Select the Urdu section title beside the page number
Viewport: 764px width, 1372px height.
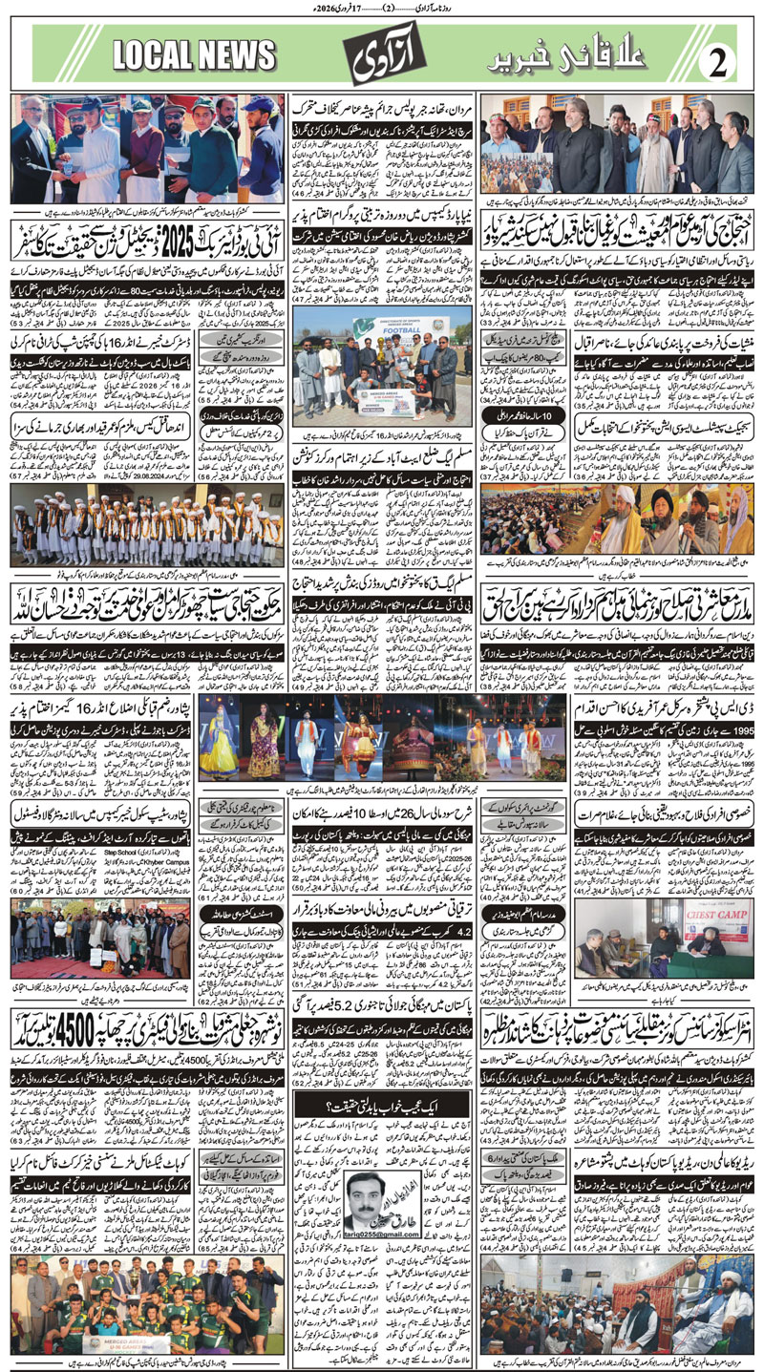click(592, 60)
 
